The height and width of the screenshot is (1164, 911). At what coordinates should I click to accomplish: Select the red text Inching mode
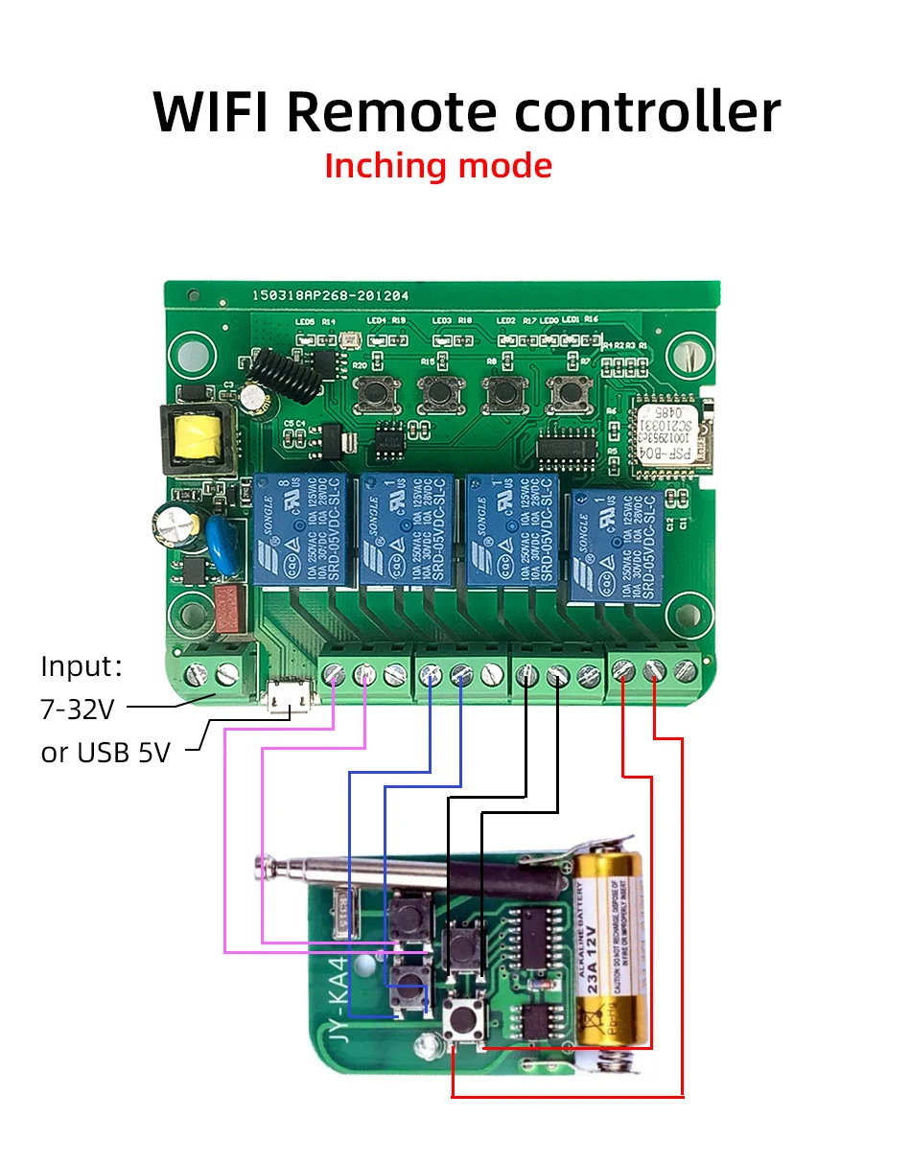coord(438,166)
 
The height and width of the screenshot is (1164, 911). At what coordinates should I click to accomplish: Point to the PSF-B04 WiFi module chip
coord(669,435)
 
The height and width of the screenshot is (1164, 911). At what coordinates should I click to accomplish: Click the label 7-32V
coord(78,710)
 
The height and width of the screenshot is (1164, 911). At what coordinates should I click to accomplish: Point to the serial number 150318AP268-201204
coord(330,297)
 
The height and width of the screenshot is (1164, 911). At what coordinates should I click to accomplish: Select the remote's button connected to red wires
coord(466,1019)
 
